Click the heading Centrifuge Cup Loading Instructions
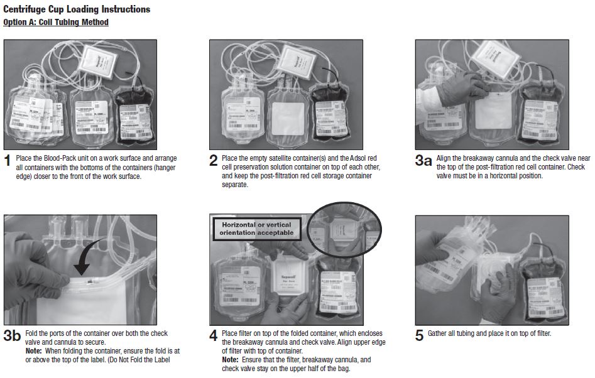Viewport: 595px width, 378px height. [x=77, y=9]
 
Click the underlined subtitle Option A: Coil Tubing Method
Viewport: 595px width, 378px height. [x=55, y=23]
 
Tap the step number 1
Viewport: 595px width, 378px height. [x=8, y=161]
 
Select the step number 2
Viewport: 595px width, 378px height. [x=213, y=161]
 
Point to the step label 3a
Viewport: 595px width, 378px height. [x=423, y=161]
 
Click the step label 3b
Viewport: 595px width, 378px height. [x=12, y=337]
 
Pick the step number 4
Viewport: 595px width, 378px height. [x=214, y=337]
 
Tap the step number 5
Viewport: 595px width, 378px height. [x=419, y=337]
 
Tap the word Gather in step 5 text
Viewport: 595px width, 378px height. [x=439, y=333]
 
